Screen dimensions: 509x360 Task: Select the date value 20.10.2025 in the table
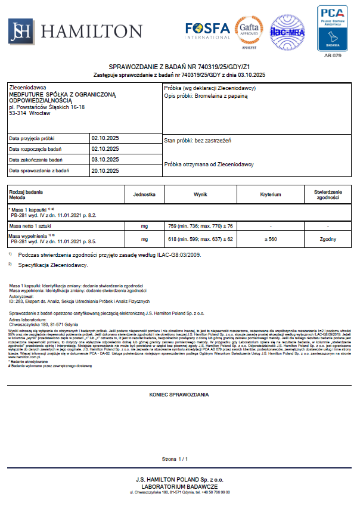(x=105, y=171)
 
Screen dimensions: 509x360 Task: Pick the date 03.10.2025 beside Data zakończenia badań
(x=105, y=160)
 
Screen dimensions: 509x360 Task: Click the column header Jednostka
(x=144, y=194)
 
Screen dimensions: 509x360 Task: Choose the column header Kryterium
(x=271, y=194)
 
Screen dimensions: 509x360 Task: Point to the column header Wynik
(x=200, y=194)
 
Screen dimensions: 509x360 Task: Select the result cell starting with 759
(x=200, y=226)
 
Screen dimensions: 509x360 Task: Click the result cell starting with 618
(x=200, y=239)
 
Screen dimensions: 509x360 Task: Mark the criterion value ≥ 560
(x=271, y=239)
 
